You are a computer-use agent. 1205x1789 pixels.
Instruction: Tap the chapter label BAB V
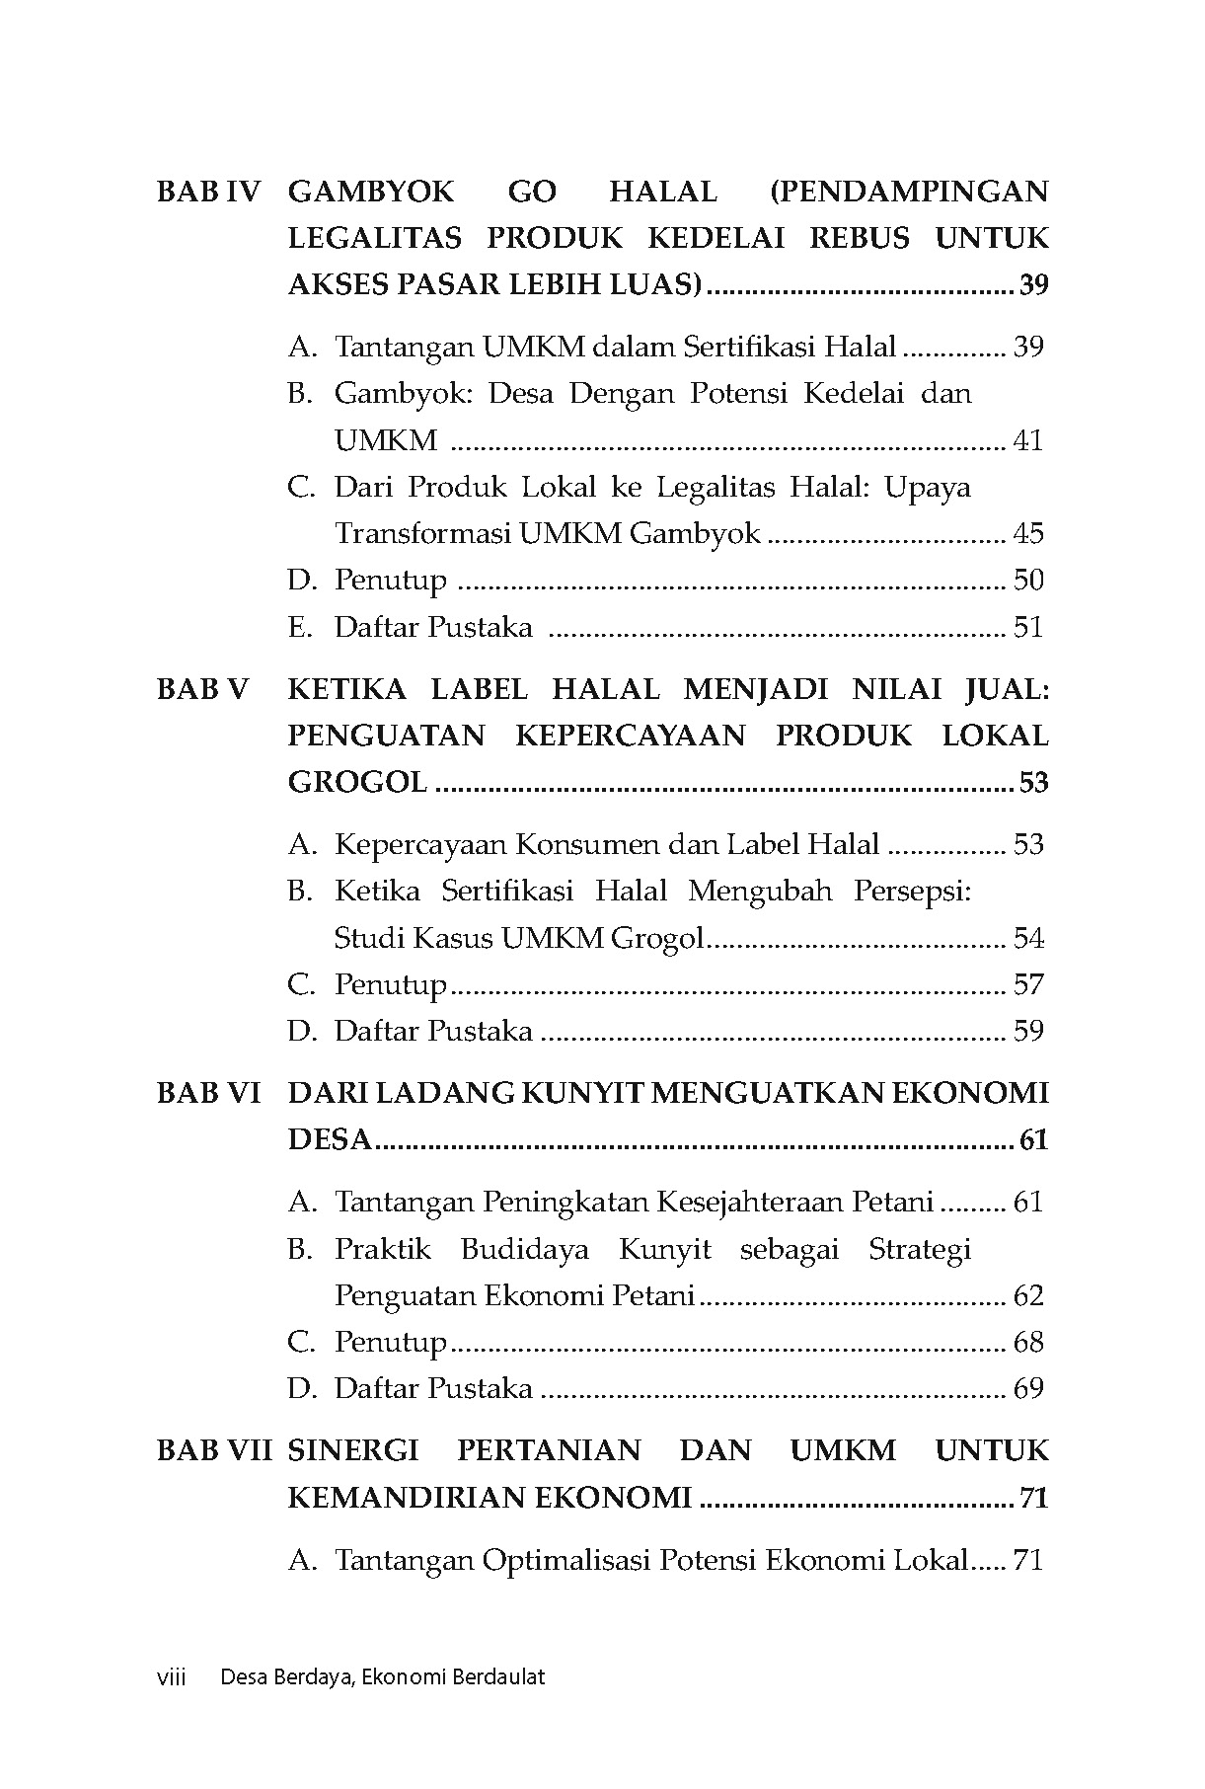[x=204, y=689]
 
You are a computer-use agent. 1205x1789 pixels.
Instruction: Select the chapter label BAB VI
[x=208, y=1093]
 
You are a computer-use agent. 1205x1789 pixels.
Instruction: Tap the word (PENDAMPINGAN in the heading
[x=908, y=191]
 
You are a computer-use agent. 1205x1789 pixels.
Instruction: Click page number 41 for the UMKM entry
[x=1028, y=440]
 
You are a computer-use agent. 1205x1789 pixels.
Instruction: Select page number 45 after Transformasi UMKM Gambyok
[x=1028, y=534]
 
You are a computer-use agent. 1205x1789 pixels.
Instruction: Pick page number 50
[x=1028, y=581]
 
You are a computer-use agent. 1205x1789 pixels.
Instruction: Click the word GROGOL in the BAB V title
[x=357, y=784]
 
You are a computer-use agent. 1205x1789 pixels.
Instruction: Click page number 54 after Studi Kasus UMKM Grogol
[x=1028, y=939]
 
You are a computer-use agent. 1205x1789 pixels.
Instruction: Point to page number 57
[x=1028, y=985]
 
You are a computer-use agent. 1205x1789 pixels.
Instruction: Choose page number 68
[x=1028, y=1343]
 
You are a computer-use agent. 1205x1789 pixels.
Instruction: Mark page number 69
[x=1028, y=1389]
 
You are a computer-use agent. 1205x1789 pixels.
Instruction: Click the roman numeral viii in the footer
[x=172, y=1676]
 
